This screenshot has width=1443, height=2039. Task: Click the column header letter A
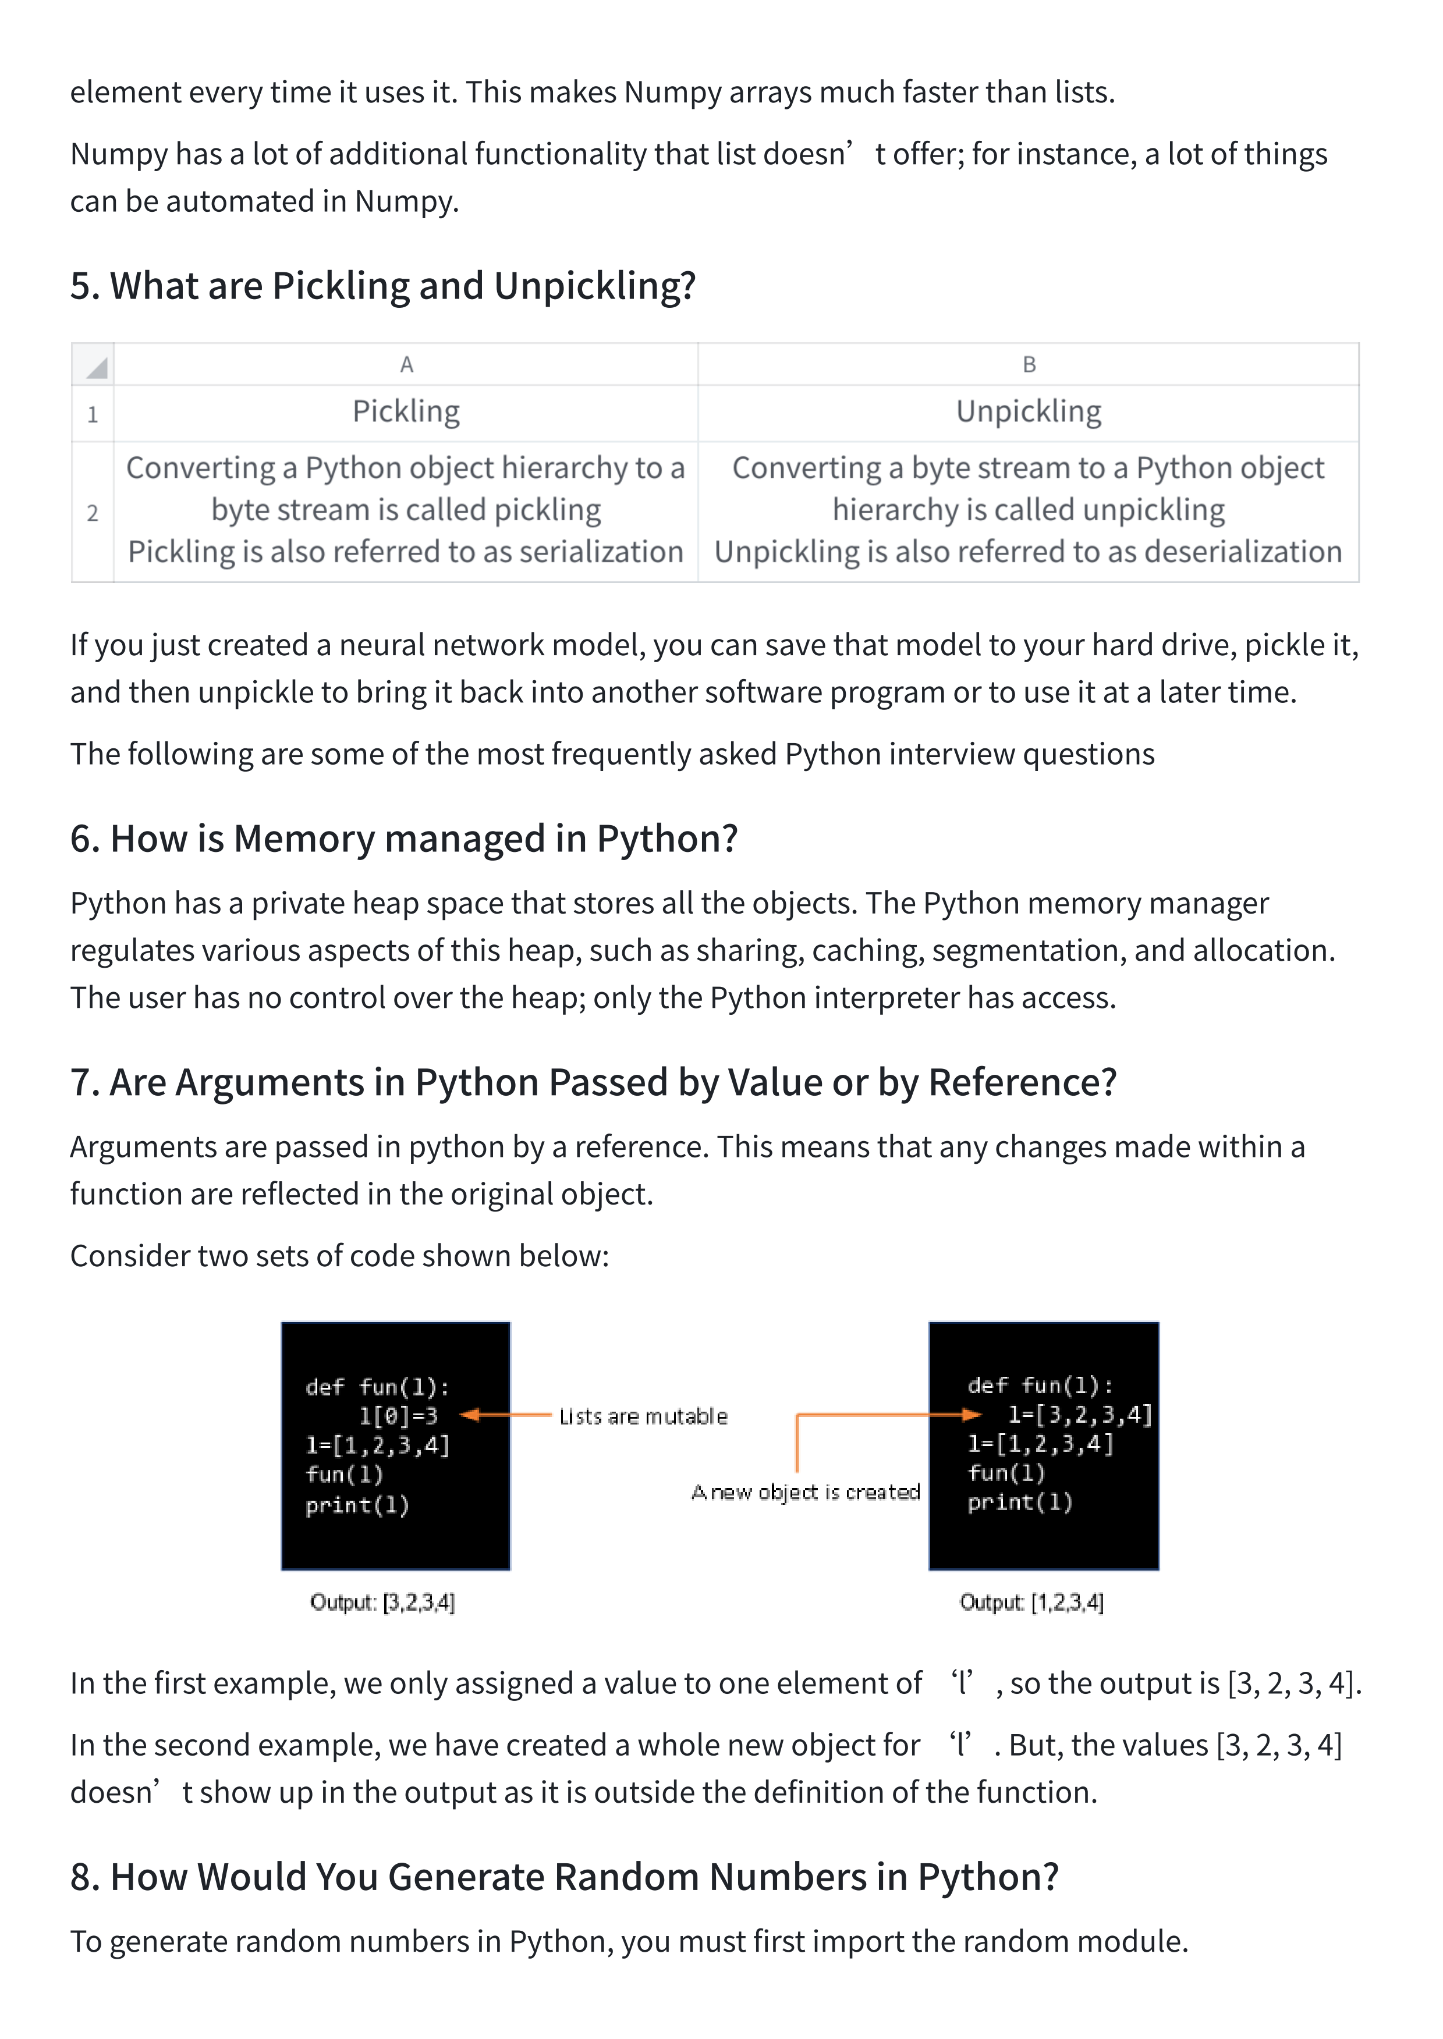coord(406,364)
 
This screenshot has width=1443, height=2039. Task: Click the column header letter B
coord(1029,364)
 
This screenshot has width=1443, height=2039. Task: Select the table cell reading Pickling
coord(406,411)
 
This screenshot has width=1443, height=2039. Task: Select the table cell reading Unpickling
coord(1029,411)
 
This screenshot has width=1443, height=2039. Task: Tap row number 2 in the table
coord(93,513)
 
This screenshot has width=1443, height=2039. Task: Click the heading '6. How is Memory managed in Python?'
coord(405,839)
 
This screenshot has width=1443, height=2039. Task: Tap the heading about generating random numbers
coord(564,1877)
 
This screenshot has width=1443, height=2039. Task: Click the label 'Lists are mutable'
coord(643,1416)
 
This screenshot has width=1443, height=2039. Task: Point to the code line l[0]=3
coord(398,1416)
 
